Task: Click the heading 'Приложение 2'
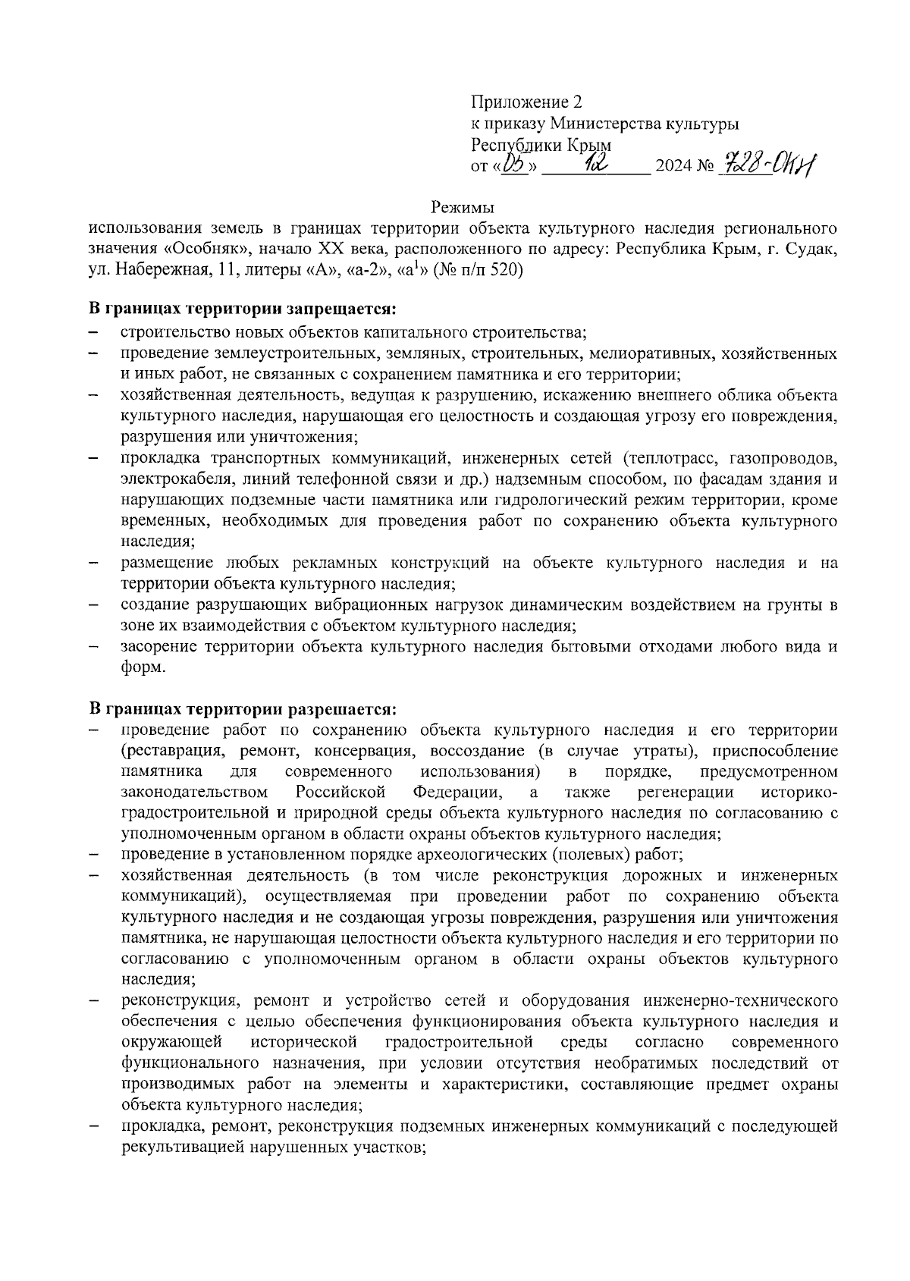[528, 102]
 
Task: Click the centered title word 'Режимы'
[463, 207]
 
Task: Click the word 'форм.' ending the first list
[143, 667]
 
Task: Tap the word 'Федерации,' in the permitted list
[457, 793]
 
